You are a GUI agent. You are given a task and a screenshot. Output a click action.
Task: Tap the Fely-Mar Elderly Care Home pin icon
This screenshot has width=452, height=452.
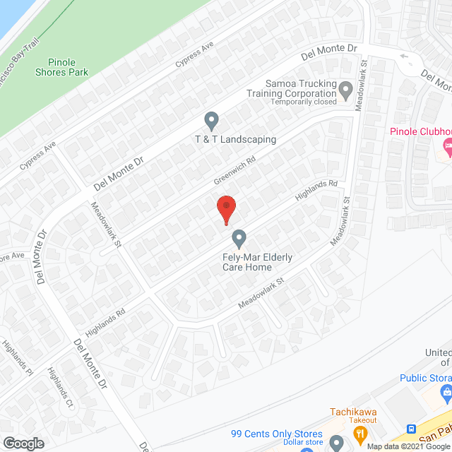click(x=239, y=238)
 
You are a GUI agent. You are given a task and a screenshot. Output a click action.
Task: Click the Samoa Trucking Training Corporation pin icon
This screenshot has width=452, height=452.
click(x=345, y=90)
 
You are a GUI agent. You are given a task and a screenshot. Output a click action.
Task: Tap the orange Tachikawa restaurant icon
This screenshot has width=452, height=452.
click(x=361, y=432)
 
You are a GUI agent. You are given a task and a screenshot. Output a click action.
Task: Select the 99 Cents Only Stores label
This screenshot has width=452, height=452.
click(x=277, y=434)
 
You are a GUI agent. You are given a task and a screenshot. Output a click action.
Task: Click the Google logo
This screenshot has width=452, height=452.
click(x=23, y=443)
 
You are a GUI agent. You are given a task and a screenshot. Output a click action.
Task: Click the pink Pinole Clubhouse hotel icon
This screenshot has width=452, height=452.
click(x=446, y=145)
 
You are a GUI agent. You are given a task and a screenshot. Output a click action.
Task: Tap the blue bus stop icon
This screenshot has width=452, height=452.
click(x=411, y=429)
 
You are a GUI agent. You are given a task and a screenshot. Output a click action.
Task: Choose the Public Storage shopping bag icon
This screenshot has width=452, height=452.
click(x=445, y=391)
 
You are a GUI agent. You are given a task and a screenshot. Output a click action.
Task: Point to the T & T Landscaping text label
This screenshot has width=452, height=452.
click(x=235, y=139)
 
